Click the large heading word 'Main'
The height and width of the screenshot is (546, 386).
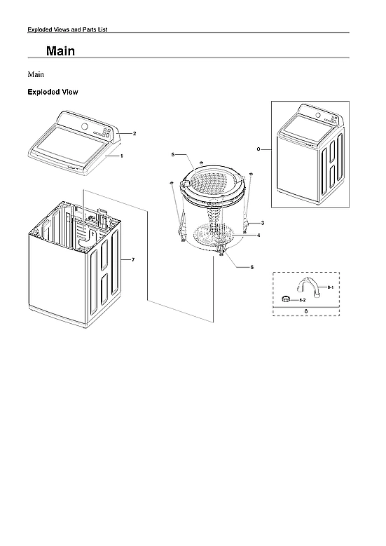click(x=60, y=51)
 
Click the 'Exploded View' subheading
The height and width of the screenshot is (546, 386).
click(x=52, y=92)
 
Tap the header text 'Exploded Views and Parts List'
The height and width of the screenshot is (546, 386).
click(x=67, y=29)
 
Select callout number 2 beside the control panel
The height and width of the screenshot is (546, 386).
click(x=134, y=132)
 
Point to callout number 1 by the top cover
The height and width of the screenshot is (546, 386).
click(x=122, y=156)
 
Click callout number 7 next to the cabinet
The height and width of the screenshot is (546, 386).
click(x=133, y=260)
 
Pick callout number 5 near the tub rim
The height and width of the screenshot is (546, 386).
click(x=172, y=153)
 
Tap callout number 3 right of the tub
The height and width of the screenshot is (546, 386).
click(x=262, y=222)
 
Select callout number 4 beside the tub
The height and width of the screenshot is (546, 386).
click(x=259, y=235)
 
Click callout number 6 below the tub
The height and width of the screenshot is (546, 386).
click(x=251, y=267)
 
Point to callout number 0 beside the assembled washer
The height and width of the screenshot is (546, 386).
click(x=259, y=149)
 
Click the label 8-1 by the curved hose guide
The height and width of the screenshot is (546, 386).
click(x=331, y=288)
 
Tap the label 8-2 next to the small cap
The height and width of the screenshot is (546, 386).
click(x=302, y=299)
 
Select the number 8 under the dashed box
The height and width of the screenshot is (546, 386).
click(x=305, y=310)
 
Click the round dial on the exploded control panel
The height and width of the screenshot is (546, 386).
click(x=85, y=126)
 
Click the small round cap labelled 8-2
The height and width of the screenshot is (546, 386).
click(x=286, y=299)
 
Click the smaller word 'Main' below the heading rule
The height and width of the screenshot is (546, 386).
click(x=36, y=73)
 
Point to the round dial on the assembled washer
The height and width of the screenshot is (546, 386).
click(x=315, y=115)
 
